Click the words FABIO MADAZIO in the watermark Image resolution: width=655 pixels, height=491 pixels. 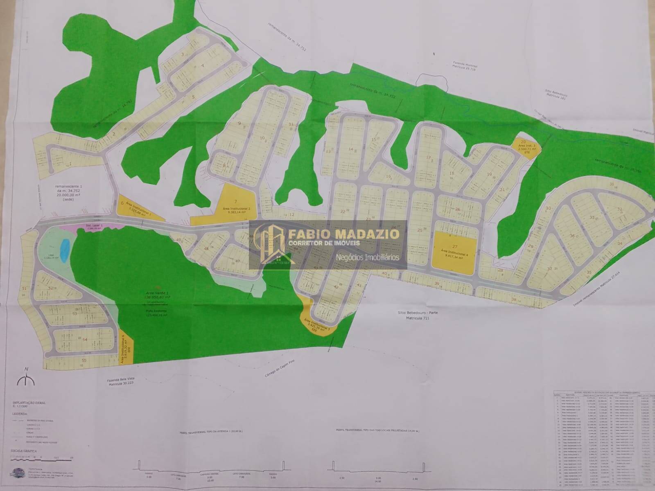344,234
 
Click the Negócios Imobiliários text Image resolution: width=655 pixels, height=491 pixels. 367,257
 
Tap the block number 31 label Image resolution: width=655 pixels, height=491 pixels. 612,184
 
